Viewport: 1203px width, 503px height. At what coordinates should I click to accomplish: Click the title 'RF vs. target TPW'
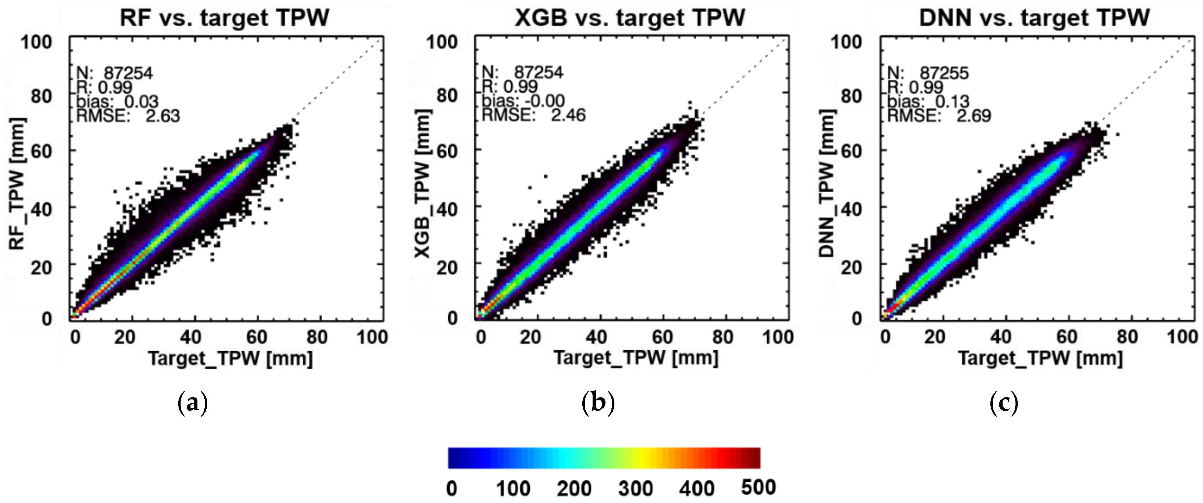(x=224, y=18)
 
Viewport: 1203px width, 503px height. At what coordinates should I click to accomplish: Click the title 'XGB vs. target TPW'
(x=630, y=18)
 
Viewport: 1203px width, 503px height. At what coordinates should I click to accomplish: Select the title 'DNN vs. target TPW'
(x=1034, y=18)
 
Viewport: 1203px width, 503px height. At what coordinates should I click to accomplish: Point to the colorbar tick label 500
(x=758, y=487)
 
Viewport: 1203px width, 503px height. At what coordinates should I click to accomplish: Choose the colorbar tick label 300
(x=635, y=488)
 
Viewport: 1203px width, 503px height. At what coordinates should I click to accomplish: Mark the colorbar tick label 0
(x=452, y=488)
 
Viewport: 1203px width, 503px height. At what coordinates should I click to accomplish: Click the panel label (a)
(x=192, y=403)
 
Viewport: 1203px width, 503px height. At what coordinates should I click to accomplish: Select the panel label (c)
(x=1004, y=403)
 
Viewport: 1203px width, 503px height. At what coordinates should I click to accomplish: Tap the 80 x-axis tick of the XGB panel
(x=722, y=337)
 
